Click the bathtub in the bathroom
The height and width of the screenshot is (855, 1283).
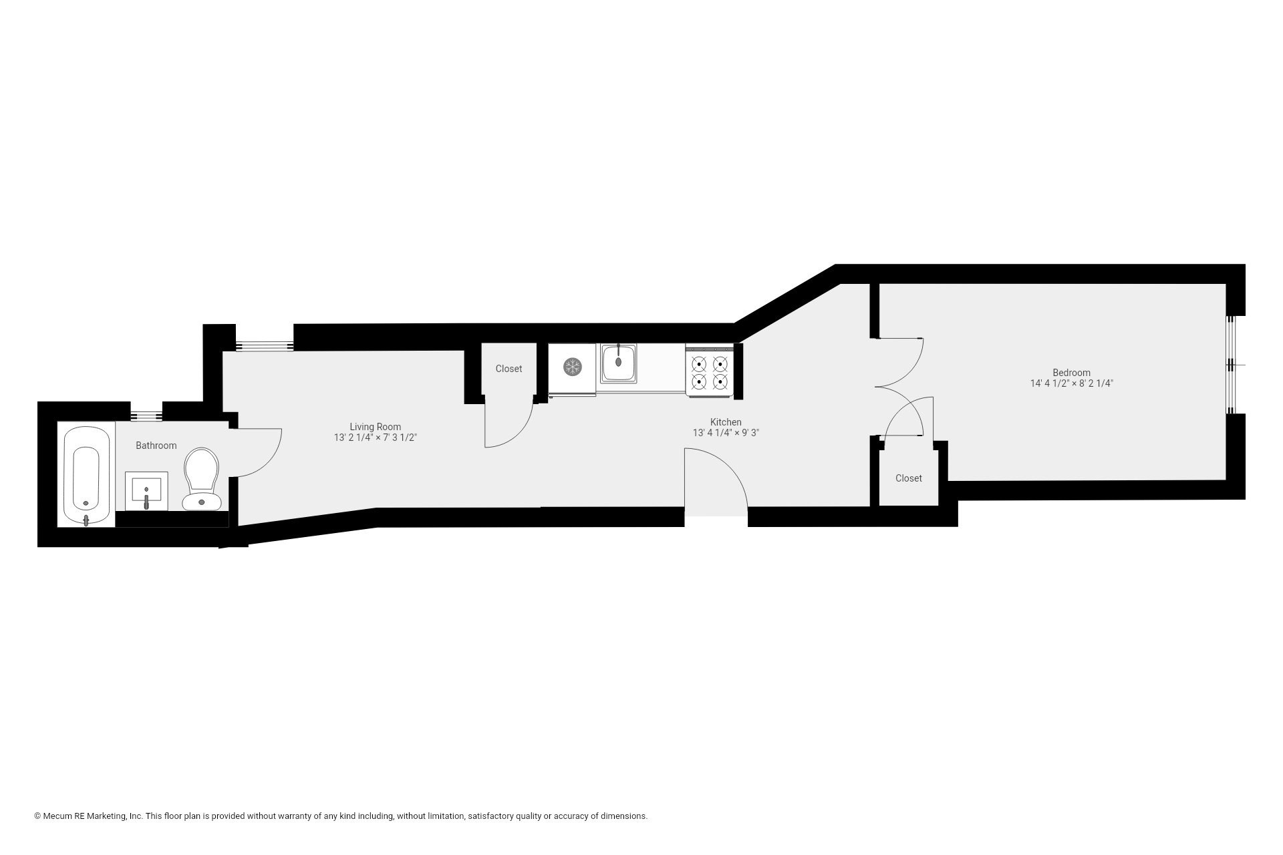[x=86, y=475]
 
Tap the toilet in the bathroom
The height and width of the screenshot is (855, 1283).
[x=201, y=478]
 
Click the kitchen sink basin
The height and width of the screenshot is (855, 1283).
[x=618, y=363]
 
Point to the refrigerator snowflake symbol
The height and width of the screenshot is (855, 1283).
[x=573, y=366]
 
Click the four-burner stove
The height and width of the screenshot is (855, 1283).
[x=710, y=372]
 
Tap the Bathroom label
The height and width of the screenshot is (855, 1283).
[x=156, y=446]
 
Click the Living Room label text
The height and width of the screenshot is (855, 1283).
[x=376, y=427]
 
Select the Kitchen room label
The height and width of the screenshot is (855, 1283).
[x=726, y=422]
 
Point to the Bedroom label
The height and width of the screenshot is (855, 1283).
[x=1071, y=373]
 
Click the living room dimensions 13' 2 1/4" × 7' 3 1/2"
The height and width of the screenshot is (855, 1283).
[x=376, y=438]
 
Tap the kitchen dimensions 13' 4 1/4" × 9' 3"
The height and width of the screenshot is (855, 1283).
[x=726, y=433]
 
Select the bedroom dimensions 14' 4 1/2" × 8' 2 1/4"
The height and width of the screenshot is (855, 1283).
[x=1071, y=384]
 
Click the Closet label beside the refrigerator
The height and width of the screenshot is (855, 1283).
[x=509, y=369]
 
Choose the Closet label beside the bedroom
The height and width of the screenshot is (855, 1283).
[x=909, y=478]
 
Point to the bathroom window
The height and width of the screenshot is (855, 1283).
[x=146, y=416]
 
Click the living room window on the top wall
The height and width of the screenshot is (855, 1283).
[x=265, y=346]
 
